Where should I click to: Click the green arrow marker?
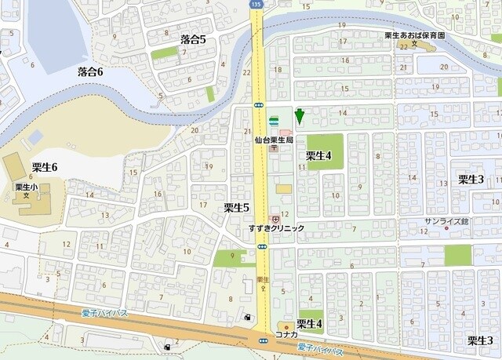click(x=299, y=117)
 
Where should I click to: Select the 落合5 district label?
click(x=193, y=39)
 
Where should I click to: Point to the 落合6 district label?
click(x=90, y=71)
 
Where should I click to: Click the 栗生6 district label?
click(x=45, y=167)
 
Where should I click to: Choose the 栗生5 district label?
click(x=236, y=208)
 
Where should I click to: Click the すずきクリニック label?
click(x=277, y=228)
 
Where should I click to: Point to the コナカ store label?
click(x=286, y=335)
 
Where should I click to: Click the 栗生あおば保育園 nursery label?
click(x=414, y=36)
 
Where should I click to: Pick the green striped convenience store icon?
click(x=273, y=122)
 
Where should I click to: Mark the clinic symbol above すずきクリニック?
click(x=275, y=219)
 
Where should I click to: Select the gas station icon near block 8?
click(x=249, y=318)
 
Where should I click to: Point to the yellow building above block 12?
click(x=282, y=189)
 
